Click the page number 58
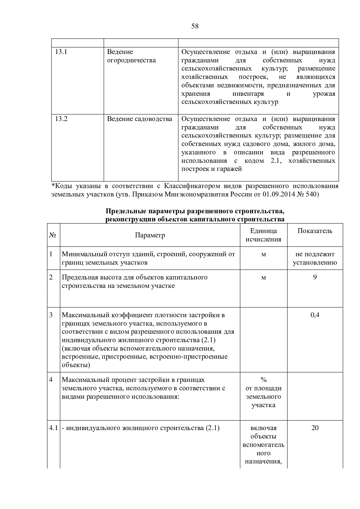pos(195,26)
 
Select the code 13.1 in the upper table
pos(61,52)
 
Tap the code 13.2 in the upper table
pos(62,119)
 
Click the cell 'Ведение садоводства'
pos(140,119)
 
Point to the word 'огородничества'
pos(131,60)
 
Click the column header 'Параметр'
pos(150,235)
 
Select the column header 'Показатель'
pos(315,231)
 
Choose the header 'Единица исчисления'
pos(263,235)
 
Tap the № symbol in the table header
pos(52,235)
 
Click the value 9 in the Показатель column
pos(315,277)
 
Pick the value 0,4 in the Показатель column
pos(315,315)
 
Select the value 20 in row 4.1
pos(315,428)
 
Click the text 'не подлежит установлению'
pos(315,259)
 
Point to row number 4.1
pos(53,428)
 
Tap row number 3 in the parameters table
pos(51,315)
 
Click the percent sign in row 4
pos(263,380)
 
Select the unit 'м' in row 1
pos(263,255)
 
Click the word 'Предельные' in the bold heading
pos(125,211)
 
